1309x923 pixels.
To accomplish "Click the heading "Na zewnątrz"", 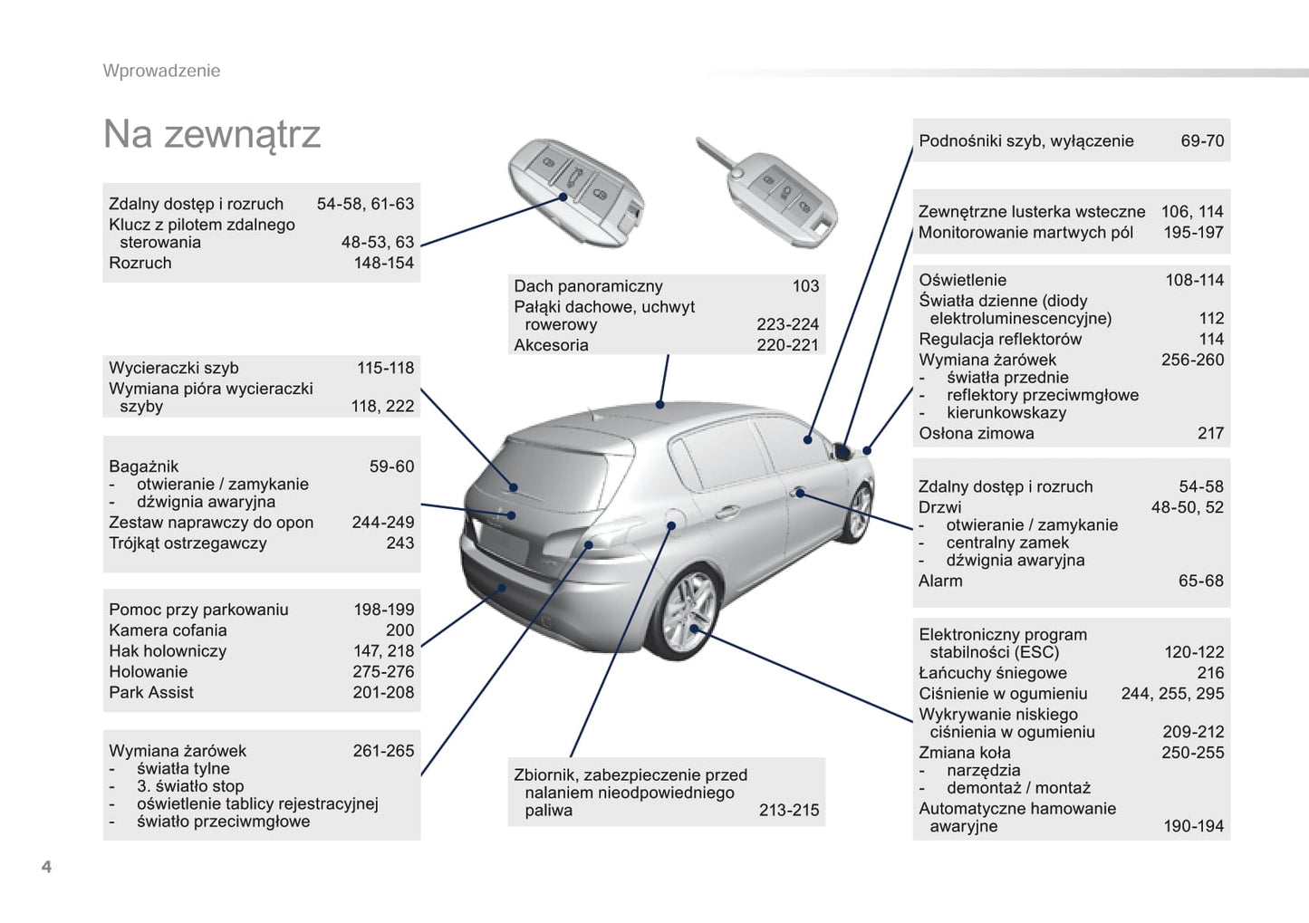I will click(212, 134).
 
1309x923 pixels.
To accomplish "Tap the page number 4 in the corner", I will click(46, 867).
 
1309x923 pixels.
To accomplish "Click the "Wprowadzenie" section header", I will click(161, 71).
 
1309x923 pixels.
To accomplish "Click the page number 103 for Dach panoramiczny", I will click(805, 286).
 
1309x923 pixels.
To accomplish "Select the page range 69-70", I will click(1202, 141).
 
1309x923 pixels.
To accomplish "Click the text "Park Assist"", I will click(151, 693).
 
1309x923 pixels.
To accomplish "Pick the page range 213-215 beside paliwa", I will click(788, 811).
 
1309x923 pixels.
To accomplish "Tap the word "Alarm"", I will click(940, 582).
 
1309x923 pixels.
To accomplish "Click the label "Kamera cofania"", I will click(168, 630).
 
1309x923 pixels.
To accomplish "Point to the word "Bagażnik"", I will click(144, 467).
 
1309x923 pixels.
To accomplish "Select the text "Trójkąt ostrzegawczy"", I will click(188, 543).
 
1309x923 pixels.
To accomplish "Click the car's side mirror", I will click(842, 449).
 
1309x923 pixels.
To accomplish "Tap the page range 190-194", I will click(1193, 826).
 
